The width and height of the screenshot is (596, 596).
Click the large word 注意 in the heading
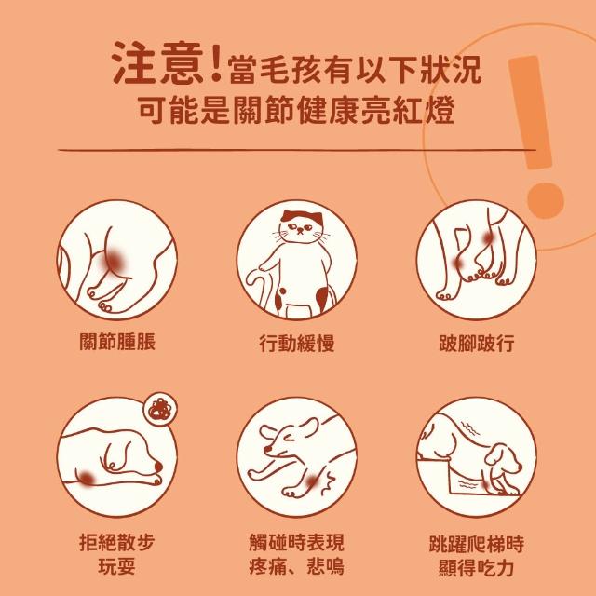tap(159, 62)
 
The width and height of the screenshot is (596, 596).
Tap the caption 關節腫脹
tap(117, 341)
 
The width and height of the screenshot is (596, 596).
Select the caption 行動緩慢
tap(297, 343)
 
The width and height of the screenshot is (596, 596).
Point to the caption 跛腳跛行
tap(477, 343)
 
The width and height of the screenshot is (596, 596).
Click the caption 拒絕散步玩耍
tap(117, 555)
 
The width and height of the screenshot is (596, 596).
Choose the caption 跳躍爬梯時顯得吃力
tap(477, 556)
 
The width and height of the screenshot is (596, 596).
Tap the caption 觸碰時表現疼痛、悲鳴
tap(297, 554)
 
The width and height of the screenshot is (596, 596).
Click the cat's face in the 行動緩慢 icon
tap(301, 228)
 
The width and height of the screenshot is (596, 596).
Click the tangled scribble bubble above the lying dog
tap(160, 410)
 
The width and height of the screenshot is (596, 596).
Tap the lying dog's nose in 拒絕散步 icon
tap(157, 467)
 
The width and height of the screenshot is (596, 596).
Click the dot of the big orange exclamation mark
tap(546, 201)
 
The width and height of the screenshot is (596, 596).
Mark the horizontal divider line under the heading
tap(297, 150)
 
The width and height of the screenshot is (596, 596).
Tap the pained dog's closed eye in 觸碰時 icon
tap(289, 440)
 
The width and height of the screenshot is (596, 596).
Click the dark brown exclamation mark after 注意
tap(216, 62)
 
